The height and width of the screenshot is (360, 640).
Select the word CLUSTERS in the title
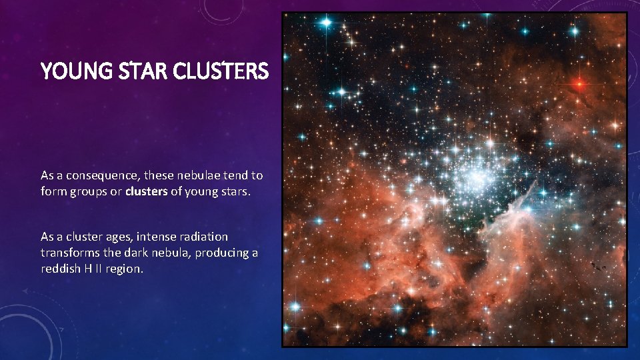coord(222,71)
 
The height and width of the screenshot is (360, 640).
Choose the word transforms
coord(69,253)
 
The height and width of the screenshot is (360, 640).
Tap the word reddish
coord(59,270)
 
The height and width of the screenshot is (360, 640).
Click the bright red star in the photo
coord(579,84)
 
